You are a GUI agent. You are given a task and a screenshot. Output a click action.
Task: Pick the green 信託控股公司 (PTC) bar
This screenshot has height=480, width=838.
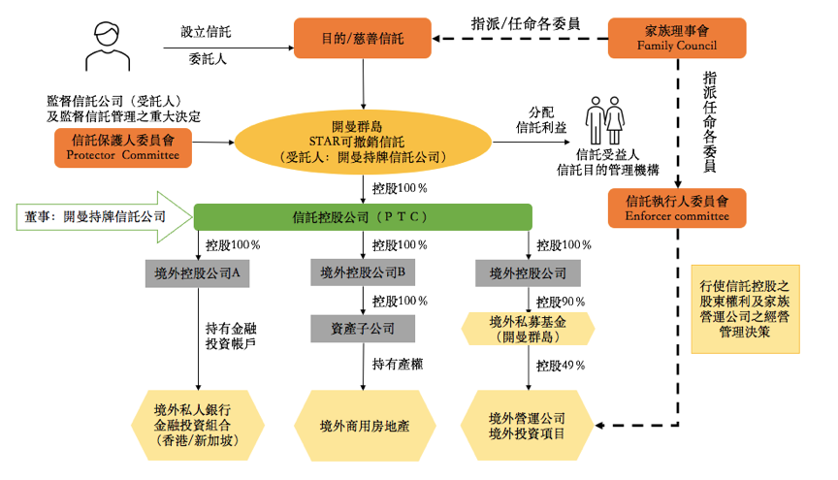coord(363,216)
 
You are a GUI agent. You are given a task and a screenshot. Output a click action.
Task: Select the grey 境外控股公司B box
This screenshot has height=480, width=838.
coord(363,272)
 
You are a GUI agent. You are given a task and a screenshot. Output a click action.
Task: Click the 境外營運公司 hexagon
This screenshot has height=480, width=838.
coord(528,425)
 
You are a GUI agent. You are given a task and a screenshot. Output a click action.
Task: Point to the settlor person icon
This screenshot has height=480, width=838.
coord(107,46)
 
